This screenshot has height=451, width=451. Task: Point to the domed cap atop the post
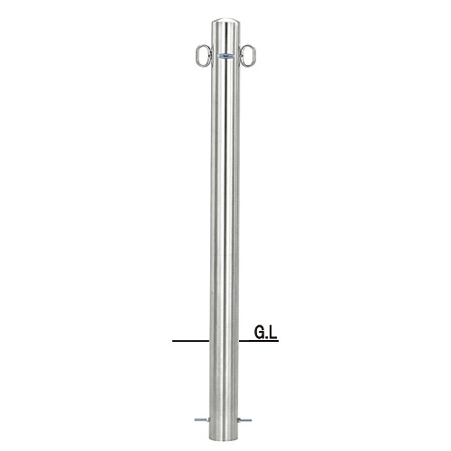pyautogui.click(x=225, y=23)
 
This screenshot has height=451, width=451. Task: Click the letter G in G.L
pyautogui.click(x=259, y=333)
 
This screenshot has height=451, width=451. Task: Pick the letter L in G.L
pyautogui.click(x=272, y=333)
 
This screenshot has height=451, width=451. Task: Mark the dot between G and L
pyautogui.click(x=266, y=337)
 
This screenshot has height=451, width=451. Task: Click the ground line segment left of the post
pyautogui.click(x=191, y=341)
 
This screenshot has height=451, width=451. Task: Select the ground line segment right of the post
pyautogui.click(x=259, y=341)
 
